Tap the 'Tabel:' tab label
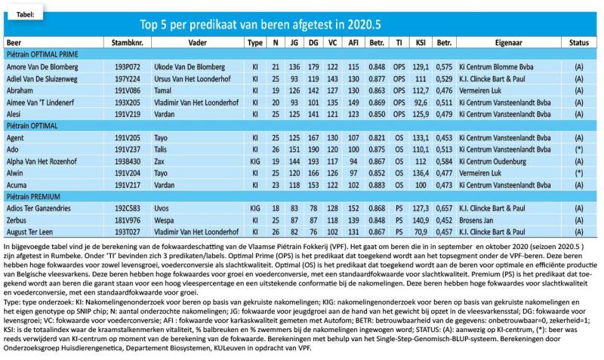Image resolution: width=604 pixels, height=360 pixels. coord(26,14)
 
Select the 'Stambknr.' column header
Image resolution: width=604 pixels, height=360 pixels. coord(127,43)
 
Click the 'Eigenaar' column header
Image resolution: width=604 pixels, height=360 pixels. coord(508,43)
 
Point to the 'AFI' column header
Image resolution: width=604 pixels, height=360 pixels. coord(353,43)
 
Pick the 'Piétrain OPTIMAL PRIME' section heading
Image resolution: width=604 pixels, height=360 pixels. coord(42,54)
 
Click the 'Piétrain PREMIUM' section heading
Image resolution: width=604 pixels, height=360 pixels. coord(33,197)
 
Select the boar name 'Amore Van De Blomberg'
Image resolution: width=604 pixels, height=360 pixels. coord(42,67)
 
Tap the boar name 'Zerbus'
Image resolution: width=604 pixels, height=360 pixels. coord(16,220)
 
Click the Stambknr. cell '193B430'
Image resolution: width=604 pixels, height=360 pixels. coord(127,162)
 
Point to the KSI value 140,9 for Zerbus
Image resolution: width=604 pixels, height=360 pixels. coord(421,220)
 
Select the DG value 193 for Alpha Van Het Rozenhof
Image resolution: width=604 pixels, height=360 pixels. coord(313,162)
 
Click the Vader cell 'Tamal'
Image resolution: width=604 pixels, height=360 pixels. coord(162,91)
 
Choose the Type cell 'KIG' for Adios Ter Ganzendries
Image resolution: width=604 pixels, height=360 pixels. coord(255,208)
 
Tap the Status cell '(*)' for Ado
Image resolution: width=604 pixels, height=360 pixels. coord(578,149)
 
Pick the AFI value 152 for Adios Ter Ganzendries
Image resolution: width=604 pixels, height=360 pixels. coord(353,208)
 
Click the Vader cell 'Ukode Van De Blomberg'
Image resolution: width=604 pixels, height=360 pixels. coord(190,67)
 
